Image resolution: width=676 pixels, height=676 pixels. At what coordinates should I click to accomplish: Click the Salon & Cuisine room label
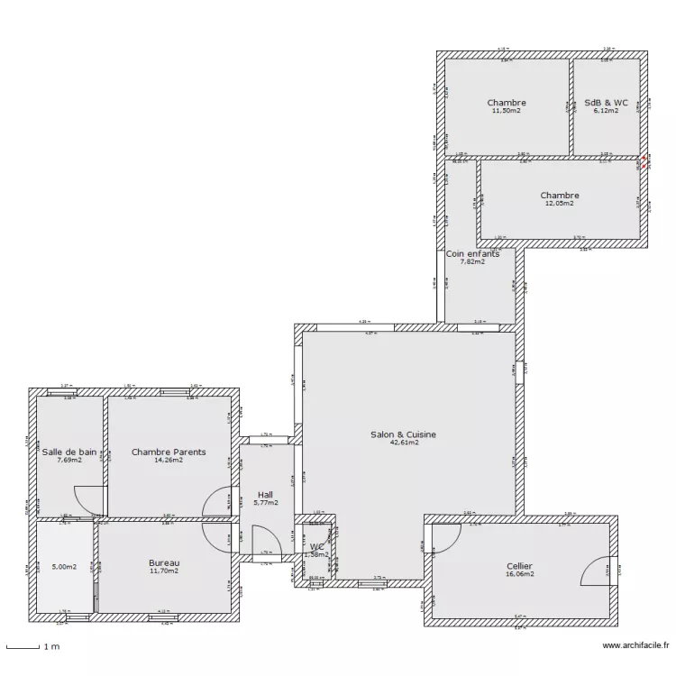(x=403, y=434)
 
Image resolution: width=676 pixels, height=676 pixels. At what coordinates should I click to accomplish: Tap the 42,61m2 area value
(x=403, y=443)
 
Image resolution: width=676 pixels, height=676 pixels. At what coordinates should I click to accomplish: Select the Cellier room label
(x=520, y=566)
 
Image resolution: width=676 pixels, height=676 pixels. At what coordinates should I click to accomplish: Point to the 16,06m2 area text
(x=520, y=574)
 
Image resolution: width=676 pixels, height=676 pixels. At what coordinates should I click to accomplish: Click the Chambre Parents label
(x=169, y=452)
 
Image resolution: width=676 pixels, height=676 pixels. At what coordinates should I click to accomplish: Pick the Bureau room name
(x=164, y=562)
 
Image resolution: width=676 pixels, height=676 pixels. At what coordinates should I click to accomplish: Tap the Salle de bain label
(x=69, y=452)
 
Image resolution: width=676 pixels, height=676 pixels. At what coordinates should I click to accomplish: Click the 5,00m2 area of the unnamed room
(x=65, y=568)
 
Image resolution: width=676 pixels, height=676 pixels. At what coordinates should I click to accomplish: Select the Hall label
(x=265, y=495)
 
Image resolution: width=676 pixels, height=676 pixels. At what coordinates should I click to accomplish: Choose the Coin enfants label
(x=472, y=254)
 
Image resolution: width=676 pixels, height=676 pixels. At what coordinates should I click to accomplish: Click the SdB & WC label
(x=606, y=103)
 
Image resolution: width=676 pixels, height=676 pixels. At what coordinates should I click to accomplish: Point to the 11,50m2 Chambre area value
(x=507, y=111)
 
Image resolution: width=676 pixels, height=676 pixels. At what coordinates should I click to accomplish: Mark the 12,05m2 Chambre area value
(x=559, y=204)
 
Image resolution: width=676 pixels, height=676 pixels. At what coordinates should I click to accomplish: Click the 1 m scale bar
(x=31, y=645)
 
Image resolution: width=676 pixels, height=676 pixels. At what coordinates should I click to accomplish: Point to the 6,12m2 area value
(x=606, y=111)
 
